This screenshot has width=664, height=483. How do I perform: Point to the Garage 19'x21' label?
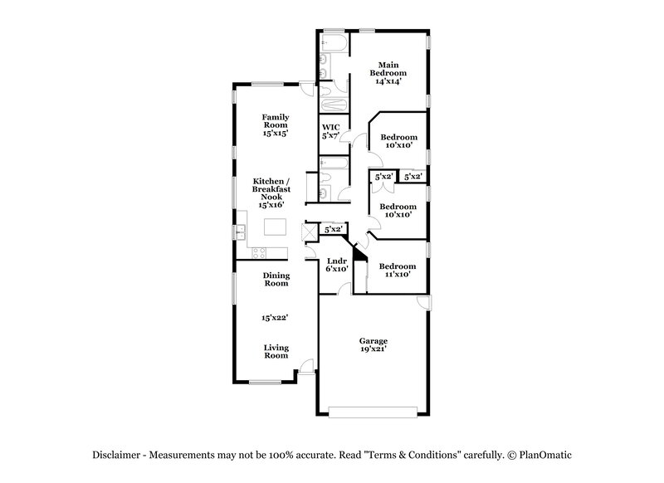[x=373, y=344]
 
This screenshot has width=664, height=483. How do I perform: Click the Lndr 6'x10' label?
[x=336, y=265]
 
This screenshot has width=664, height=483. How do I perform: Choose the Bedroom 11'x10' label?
[x=396, y=271]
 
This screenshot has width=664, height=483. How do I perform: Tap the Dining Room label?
[x=276, y=279]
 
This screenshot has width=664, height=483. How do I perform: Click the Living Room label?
[x=276, y=351]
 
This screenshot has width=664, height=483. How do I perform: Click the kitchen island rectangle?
[x=276, y=227]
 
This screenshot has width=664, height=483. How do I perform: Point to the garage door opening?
[x=373, y=411]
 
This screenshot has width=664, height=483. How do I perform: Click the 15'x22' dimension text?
[x=276, y=317]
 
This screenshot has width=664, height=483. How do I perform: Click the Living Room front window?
[x=266, y=382]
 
